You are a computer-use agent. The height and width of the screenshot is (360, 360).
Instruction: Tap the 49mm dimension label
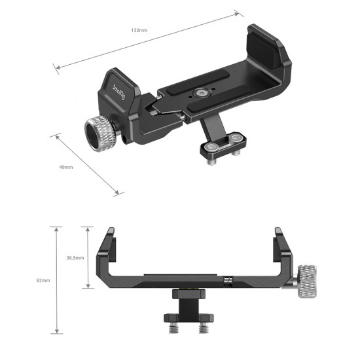(x=67, y=168)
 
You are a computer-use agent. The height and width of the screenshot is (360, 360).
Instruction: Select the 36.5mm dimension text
(x=75, y=258)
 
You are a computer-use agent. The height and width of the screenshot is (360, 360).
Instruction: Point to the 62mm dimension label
(x=43, y=280)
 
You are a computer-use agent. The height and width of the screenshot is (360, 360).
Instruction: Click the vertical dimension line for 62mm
(x=58, y=280)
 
